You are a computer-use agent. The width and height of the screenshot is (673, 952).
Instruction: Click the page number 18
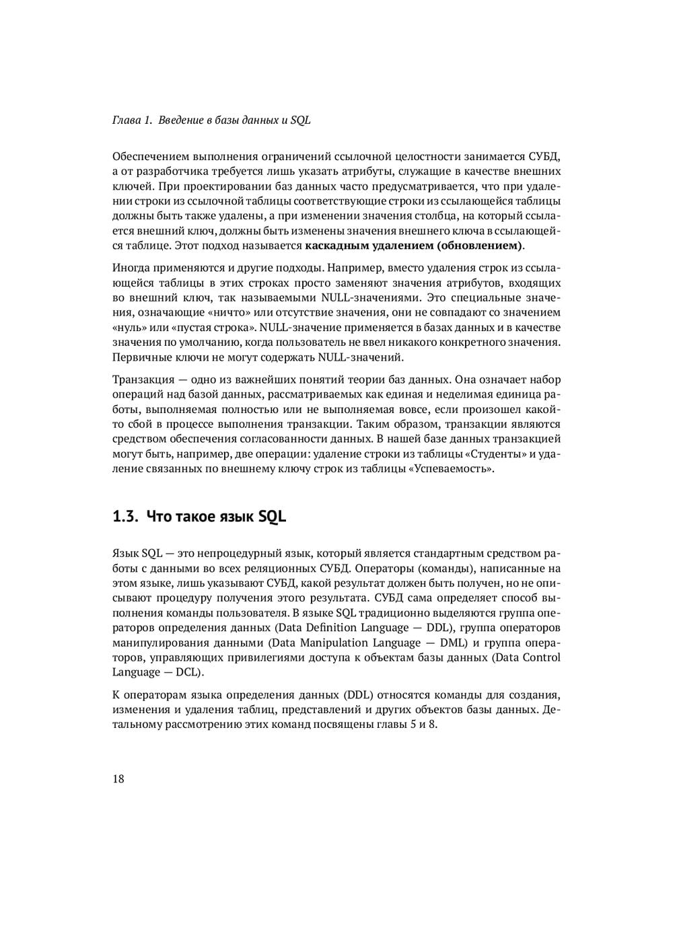[x=118, y=779]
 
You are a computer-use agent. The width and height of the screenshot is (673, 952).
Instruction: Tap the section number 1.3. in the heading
[x=125, y=517]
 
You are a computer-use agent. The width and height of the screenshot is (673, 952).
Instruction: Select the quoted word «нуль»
[x=127, y=328]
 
